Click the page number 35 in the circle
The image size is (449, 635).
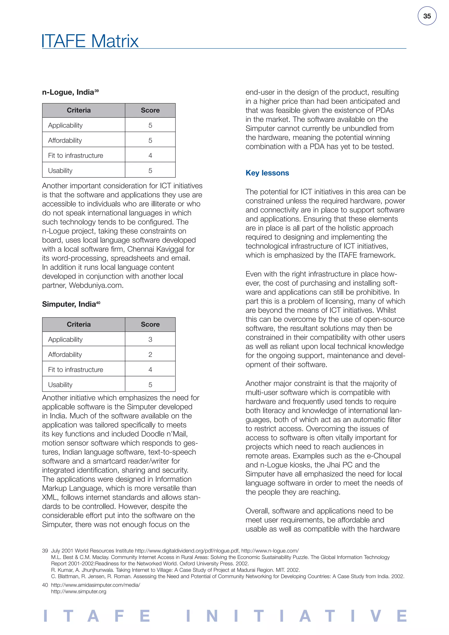point(427,16)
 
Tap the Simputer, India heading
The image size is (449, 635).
point(69,304)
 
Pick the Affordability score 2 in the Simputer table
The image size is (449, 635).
point(150,355)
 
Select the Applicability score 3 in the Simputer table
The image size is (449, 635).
point(150,339)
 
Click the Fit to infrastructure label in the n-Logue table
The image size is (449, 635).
point(75,155)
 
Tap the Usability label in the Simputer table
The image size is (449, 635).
point(60,385)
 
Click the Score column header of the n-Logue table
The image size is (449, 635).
point(150,110)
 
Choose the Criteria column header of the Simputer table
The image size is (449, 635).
point(79,325)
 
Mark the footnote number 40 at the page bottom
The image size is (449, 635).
point(45,585)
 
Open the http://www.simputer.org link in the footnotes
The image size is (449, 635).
point(78,592)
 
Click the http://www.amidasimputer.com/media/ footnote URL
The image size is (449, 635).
point(95,585)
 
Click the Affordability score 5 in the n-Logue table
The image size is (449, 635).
point(150,141)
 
